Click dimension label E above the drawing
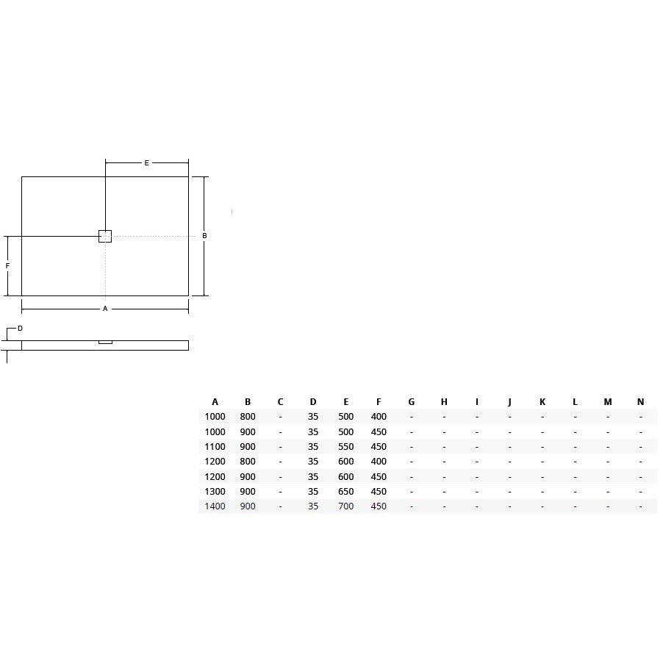pyautogui.click(x=147, y=162)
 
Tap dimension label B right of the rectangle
pyautogui.click(x=204, y=236)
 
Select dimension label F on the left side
pyautogui.click(x=7, y=266)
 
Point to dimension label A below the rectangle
pyautogui.click(x=105, y=309)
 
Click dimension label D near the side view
pyautogui.click(x=20, y=329)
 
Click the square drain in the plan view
pyautogui.click(x=105, y=236)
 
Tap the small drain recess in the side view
pyautogui.click(x=105, y=342)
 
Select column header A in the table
pyautogui.click(x=215, y=401)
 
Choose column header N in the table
pyautogui.click(x=641, y=401)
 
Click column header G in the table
pyautogui.click(x=412, y=401)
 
